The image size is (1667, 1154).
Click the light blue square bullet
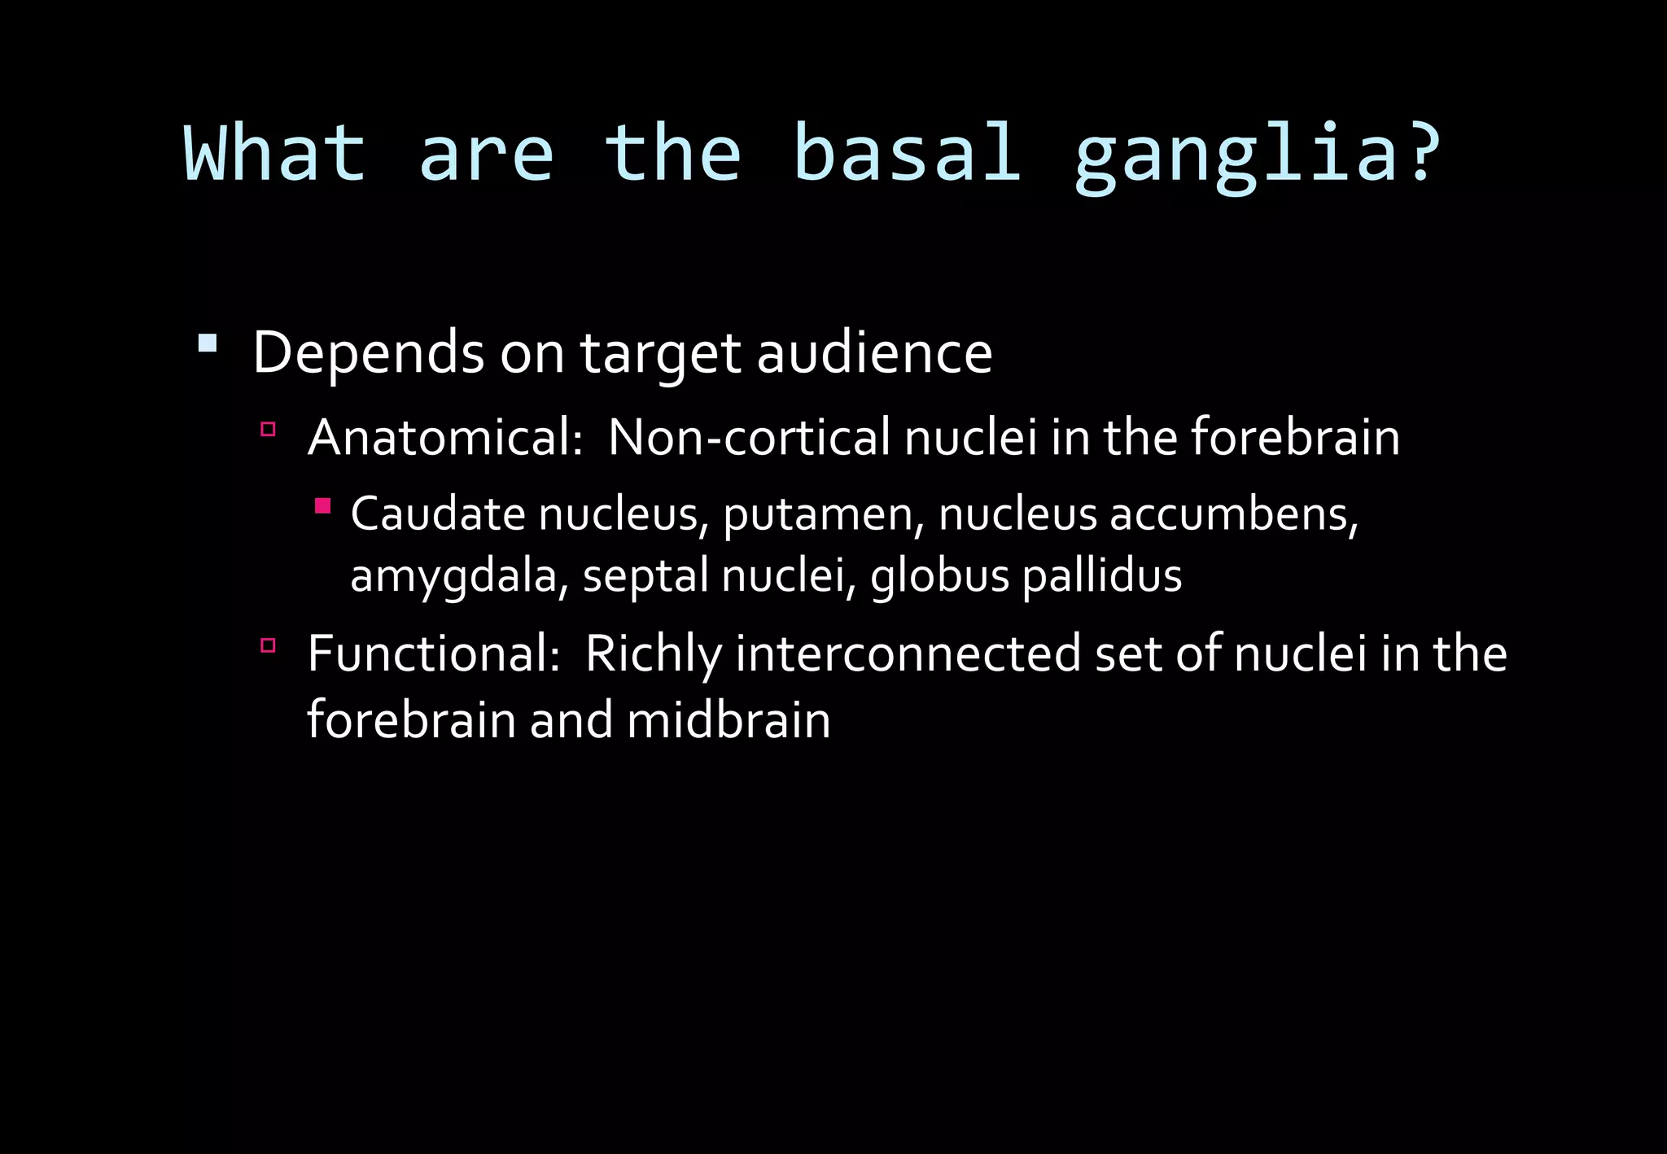pyautogui.click(x=208, y=343)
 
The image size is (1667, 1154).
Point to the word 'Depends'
pyautogui.click(x=369, y=354)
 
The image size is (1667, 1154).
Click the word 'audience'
pyautogui.click(x=874, y=354)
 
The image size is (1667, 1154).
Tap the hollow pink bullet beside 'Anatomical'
pyautogui.click(x=268, y=429)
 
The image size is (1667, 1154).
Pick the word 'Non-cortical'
pyautogui.click(x=750, y=438)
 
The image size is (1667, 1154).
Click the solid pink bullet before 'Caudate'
pyautogui.click(x=323, y=506)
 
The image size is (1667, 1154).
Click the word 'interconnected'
pyautogui.click(x=908, y=654)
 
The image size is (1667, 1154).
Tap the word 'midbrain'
pyautogui.click(x=728, y=721)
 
